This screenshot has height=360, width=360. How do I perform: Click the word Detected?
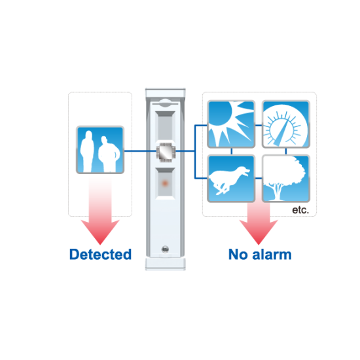coord(100,255)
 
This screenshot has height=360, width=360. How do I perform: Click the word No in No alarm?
coord(238,255)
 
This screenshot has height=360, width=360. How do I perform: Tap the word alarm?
coord(272,255)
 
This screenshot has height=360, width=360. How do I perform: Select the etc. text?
coord(300,210)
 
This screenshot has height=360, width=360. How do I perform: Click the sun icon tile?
coord(231,124)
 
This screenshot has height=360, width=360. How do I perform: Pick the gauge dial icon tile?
coord(286,124)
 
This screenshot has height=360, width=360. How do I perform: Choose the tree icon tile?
coord(286,179)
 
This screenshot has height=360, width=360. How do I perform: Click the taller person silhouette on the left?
coord(87,151)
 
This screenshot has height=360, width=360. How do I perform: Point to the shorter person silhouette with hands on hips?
coord(109,154)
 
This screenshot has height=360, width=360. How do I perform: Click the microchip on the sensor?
coord(166,153)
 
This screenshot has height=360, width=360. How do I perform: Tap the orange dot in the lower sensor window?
coord(165,183)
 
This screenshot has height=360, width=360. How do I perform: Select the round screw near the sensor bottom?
coord(166,249)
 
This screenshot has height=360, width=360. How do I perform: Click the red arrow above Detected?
coord(100,210)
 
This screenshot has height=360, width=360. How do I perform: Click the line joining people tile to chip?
coord(140,151)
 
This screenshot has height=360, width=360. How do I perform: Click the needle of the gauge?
coord(281,133)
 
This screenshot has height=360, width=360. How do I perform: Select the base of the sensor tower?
coord(166,264)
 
